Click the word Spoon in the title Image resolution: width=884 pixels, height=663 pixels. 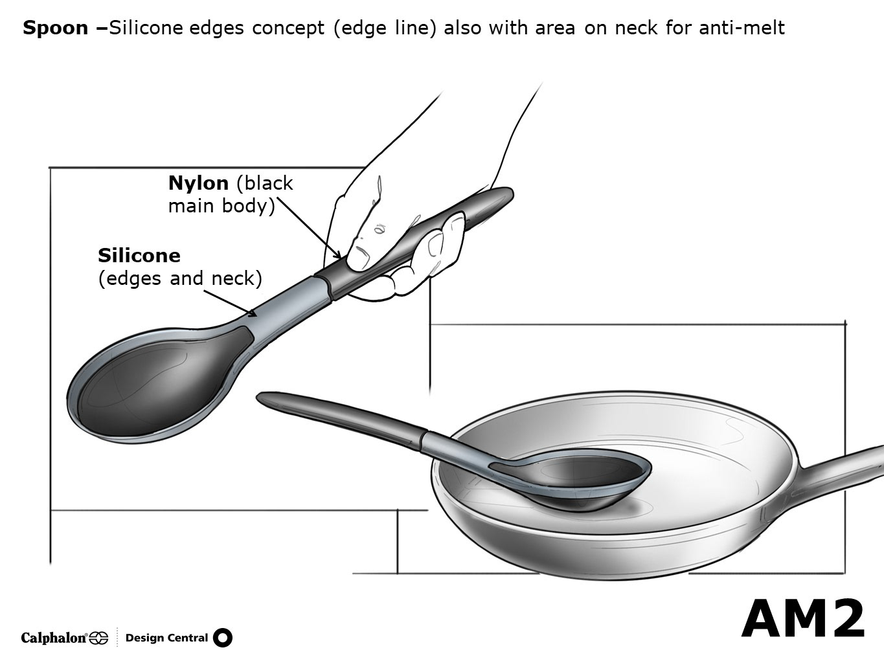55,28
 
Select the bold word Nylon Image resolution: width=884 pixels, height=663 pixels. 198,183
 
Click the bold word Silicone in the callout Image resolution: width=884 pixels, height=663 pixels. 139,255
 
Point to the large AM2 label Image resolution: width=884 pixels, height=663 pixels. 803,619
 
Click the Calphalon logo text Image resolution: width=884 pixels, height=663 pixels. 54,638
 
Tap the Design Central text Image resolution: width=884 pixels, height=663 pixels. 166,638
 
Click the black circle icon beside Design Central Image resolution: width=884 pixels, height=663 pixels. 222,638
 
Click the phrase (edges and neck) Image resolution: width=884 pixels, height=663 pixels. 180,278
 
